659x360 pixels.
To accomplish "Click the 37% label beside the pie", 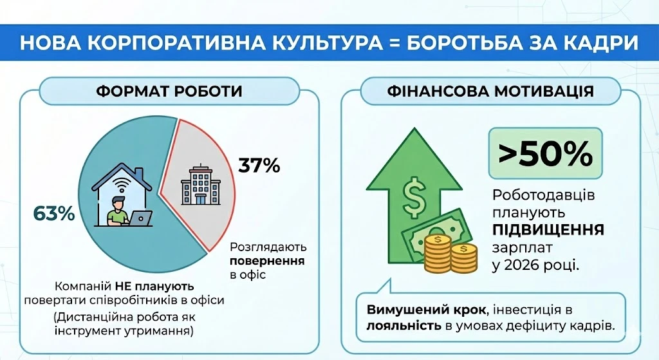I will click(259, 166).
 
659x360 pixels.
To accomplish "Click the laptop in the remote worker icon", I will click(140, 218).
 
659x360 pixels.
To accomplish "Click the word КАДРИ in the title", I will click(598, 44).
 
